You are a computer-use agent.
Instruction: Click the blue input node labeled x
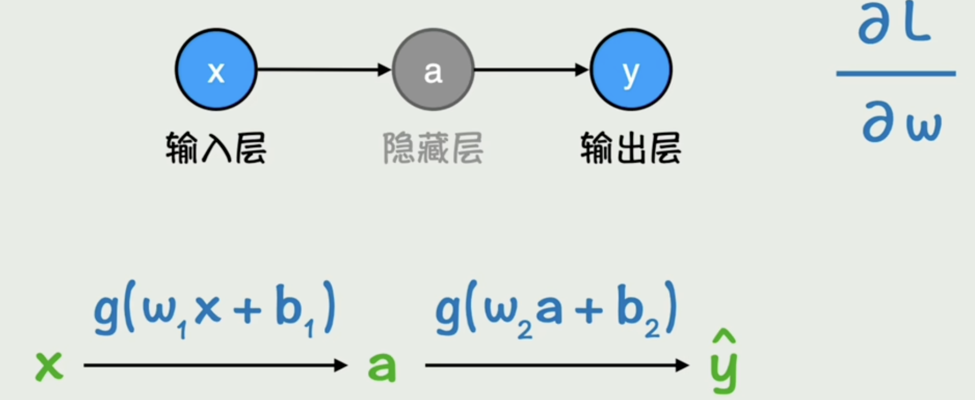[x=216, y=70]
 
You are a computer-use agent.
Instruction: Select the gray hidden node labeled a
[x=433, y=70]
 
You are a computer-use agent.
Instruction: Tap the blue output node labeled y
[x=631, y=70]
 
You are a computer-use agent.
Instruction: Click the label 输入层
[x=216, y=148]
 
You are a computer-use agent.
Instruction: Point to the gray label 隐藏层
[x=433, y=148]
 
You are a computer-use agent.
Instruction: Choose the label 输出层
[x=631, y=148]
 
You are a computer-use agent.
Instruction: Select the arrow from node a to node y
[x=531, y=70]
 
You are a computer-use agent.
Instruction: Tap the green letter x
[x=49, y=366]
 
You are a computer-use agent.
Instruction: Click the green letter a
[x=382, y=367]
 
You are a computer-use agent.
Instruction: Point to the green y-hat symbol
[x=724, y=363]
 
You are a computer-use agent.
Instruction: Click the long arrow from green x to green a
[x=215, y=365]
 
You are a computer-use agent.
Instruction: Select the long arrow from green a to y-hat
[x=556, y=365]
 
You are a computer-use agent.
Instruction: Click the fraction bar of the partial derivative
[x=896, y=73]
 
